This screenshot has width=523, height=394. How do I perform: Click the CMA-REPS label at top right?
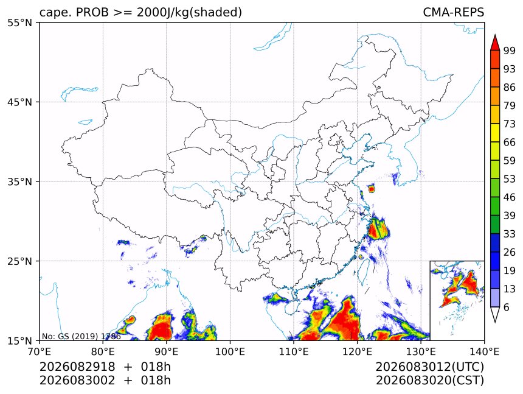(453, 12)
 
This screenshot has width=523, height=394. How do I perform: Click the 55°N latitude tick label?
(19, 23)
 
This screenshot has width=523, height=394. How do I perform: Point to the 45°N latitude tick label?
(19, 102)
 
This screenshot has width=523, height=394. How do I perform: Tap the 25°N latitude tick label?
(19, 261)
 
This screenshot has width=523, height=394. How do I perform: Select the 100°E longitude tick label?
(230, 351)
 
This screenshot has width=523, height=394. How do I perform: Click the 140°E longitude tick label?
(484, 351)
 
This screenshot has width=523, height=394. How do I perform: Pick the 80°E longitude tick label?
(103, 351)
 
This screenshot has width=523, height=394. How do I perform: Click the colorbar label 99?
(510, 51)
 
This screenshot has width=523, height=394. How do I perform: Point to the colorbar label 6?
(507, 307)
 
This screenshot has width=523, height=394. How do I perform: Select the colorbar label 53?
(510, 179)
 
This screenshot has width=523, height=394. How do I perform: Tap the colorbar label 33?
(510, 234)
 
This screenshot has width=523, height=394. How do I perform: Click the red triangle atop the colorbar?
(495, 43)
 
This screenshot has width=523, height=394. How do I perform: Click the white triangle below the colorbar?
(495, 315)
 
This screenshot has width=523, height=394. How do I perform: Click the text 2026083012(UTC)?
(429, 367)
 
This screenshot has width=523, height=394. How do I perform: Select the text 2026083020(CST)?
(429, 381)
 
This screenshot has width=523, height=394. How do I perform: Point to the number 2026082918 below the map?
(77, 367)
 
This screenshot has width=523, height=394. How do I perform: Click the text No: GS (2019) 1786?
(81, 336)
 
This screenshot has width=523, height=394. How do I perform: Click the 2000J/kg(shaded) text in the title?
(190, 12)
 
